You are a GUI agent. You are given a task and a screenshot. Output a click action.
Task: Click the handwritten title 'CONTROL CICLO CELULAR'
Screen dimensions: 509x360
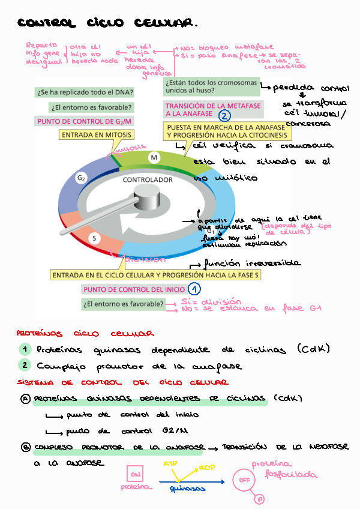coord(106,23)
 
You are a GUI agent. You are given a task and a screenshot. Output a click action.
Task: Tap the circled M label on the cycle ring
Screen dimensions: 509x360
coord(154,157)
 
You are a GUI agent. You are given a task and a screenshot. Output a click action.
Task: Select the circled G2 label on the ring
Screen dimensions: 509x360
coord(82,178)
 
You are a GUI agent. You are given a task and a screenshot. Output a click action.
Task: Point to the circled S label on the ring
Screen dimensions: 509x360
coord(94,238)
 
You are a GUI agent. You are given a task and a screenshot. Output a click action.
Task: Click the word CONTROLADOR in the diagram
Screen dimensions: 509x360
coord(148,180)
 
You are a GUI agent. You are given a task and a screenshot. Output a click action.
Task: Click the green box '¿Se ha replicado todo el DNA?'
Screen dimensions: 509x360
coord(85,93)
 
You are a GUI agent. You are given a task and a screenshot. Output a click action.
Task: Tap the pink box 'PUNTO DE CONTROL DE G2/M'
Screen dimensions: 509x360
coord(85,121)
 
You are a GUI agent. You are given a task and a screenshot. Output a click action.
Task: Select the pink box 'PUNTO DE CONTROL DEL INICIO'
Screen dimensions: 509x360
coord(133,289)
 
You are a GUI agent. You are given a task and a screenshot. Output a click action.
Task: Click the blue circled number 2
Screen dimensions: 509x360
coord(224,116)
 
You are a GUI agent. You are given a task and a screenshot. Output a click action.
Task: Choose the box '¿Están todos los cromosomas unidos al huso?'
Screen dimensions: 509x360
coord(211,86)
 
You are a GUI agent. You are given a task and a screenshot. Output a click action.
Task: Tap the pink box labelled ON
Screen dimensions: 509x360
coord(133,474)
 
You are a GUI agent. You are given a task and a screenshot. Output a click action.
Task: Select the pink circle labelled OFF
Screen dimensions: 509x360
coord(244,480)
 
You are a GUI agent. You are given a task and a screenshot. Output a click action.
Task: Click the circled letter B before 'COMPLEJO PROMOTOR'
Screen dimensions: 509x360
coord(26,447)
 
